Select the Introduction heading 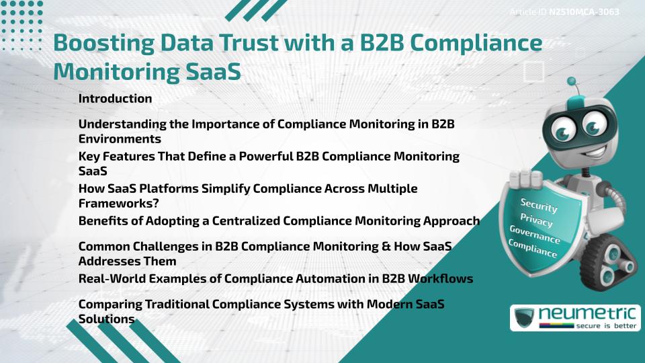[115, 99]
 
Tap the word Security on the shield [538, 206]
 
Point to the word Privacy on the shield [536, 221]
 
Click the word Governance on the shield [534, 236]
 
